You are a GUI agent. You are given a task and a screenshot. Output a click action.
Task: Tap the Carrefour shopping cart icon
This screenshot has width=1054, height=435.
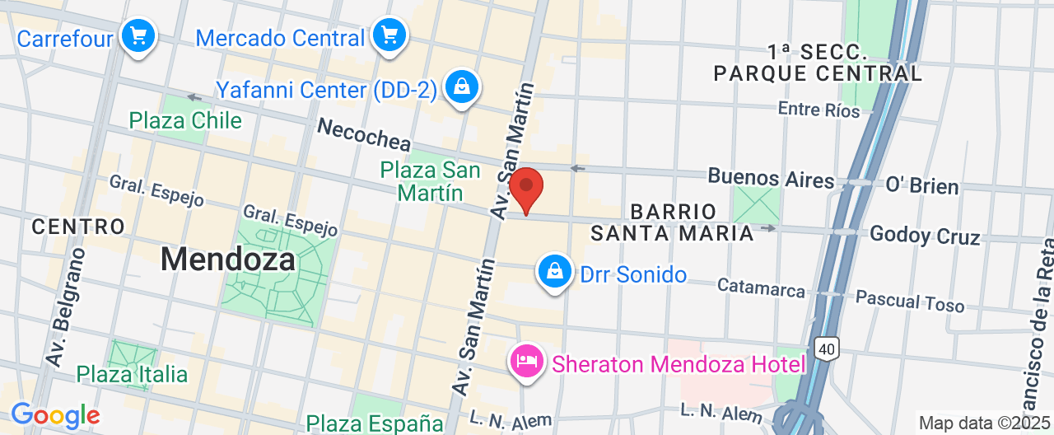pos(138,36)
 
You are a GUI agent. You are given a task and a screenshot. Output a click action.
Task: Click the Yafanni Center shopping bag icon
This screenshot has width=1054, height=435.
pos(461,87)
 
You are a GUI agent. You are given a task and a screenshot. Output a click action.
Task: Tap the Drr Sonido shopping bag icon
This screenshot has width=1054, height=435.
pos(555,271)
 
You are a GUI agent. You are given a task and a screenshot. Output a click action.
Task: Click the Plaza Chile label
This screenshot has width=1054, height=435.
pos(185,121)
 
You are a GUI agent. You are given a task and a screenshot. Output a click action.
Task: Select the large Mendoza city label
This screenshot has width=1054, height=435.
pos(227,260)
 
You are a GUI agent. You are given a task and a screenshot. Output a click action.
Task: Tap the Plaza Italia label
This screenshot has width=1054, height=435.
pos(132,374)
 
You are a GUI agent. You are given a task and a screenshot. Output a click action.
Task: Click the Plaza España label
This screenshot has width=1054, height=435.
pos(375,423)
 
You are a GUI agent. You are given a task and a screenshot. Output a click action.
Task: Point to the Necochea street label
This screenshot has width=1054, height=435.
pos(364,133)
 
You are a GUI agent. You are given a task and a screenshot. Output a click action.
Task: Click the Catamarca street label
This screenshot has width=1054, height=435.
pos(760,287)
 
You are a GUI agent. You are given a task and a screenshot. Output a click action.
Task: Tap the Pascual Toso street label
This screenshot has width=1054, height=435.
pos(909,300)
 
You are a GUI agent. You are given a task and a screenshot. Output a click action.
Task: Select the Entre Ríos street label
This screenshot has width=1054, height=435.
pos(819,109)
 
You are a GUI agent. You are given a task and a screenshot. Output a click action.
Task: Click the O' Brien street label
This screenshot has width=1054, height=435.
pos(921,185)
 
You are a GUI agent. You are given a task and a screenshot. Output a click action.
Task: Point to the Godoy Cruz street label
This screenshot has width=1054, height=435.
pos(925,236)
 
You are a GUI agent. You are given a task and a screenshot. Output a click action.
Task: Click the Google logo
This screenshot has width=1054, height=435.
pos(55,415)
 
